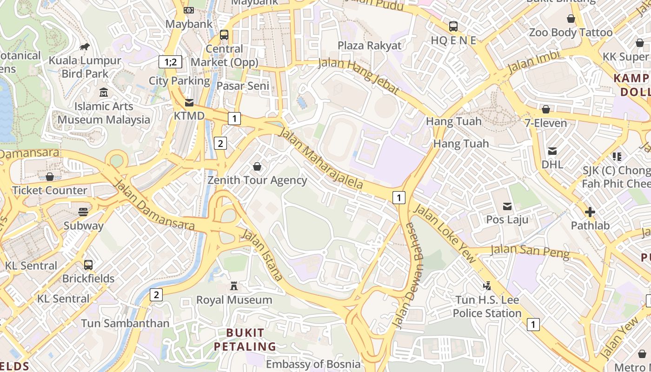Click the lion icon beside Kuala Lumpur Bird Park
pyautogui.click(x=84, y=46)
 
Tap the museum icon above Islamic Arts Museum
pyautogui.click(x=104, y=93)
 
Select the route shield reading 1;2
pyautogui.click(x=170, y=62)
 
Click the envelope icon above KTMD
pyautogui.click(x=189, y=102)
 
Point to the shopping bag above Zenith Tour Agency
pyautogui.click(x=257, y=166)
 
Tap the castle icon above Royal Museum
pyautogui.click(x=234, y=286)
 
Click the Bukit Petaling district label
pyautogui.click(x=245, y=340)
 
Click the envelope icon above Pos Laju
pyautogui.click(x=507, y=206)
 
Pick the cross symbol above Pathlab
pyautogui.click(x=590, y=213)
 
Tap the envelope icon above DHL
pyautogui.click(x=552, y=151)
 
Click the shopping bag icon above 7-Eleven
pyautogui.click(x=546, y=110)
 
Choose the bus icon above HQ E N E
pyautogui.click(x=453, y=27)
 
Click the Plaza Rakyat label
pyautogui.click(x=369, y=46)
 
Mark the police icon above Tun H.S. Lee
pyautogui.click(x=487, y=286)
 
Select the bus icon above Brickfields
pyautogui.click(x=88, y=265)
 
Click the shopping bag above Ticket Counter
pyautogui.click(x=50, y=177)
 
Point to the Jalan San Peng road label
pyautogui.click(x=530, y=251)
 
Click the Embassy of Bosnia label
pyautogui.click(x=313, y=364)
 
